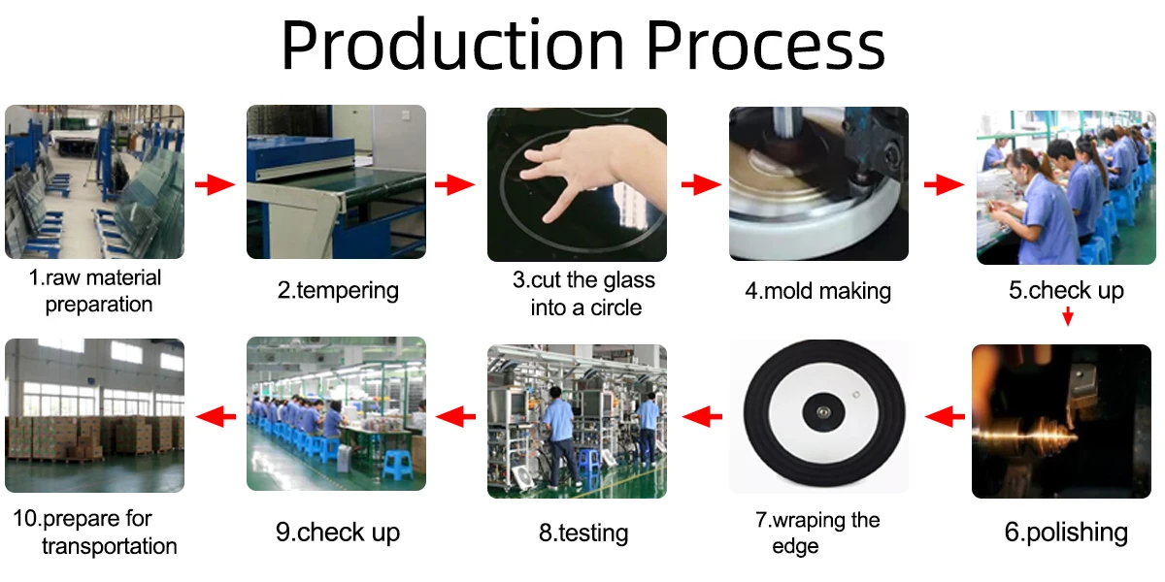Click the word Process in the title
click(x=766, y=47)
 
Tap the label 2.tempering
click(x=338, y=290)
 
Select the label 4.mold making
click(x=817, y=291)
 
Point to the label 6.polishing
click(x=1066, y=532)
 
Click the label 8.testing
click(x=582, y=533)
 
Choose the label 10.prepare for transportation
click(x=95, y=532)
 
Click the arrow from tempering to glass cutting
click(x=454, y=185)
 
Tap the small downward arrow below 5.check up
click(x=1067, y=316)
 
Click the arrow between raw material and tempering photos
click(x=216, y=185)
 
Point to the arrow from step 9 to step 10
click(x=216, y=417)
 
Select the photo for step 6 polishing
click(x=1060, y=421)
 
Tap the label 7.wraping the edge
click(x=817, y=533)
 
